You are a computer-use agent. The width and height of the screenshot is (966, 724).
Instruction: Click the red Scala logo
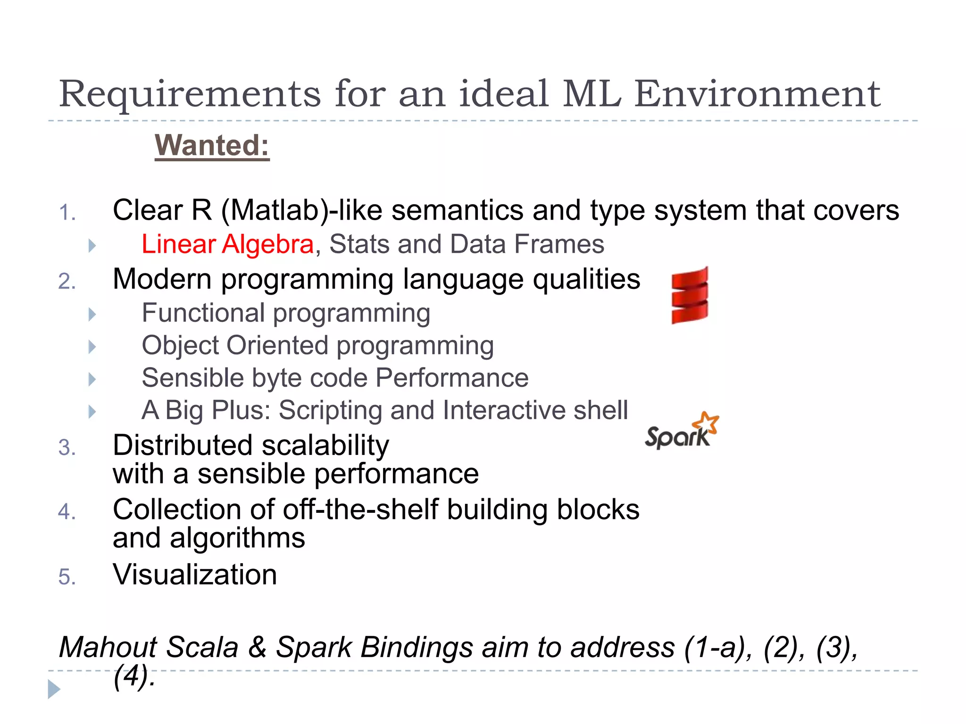690,296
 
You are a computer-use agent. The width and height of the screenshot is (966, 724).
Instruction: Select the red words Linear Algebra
228,244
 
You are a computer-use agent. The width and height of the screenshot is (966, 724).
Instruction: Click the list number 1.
67,213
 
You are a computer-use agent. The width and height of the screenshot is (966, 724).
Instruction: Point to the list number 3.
67,447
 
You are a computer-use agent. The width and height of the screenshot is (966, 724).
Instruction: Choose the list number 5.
67,577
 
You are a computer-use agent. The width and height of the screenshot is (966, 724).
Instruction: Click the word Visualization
195,575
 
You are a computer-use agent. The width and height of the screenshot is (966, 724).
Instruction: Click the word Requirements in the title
190,94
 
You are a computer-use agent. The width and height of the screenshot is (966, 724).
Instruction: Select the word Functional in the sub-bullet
203,313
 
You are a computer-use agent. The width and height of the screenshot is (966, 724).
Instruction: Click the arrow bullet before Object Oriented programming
92,347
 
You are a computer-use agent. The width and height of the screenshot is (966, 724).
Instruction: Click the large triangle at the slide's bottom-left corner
54,689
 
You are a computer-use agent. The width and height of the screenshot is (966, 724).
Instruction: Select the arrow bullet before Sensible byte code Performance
92,379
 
